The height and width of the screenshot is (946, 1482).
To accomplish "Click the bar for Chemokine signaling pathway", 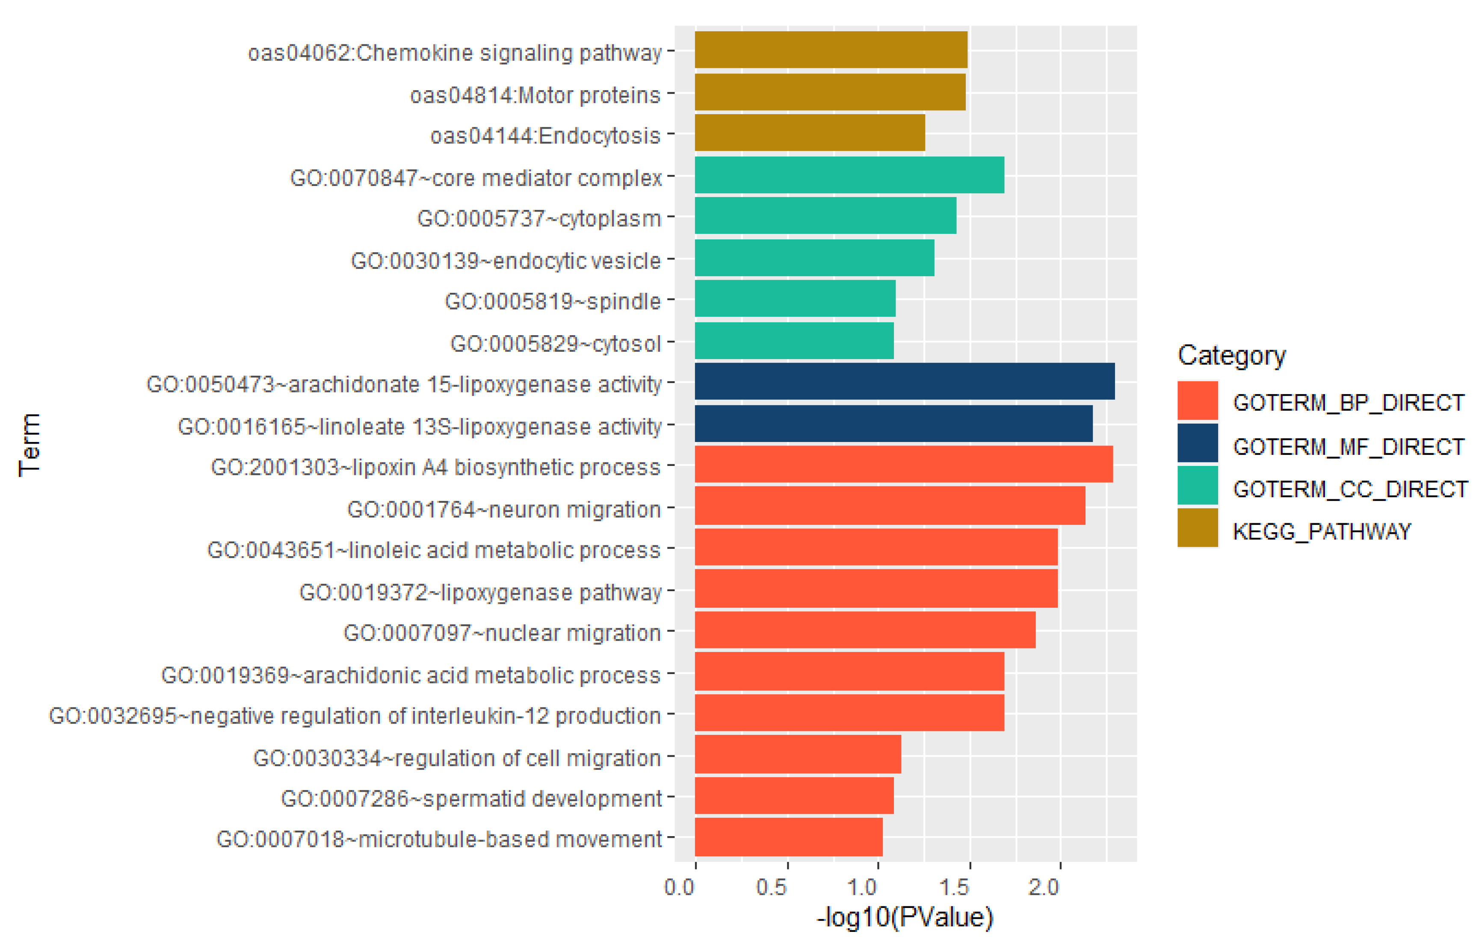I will point(831,50).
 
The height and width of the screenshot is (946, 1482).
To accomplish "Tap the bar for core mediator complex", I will point(849,175).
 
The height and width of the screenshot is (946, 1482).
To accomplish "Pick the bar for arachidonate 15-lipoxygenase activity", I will point(905,381).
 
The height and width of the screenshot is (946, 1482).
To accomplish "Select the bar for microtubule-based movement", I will point(788,837).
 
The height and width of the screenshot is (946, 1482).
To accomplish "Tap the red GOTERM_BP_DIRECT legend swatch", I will point(1197,401).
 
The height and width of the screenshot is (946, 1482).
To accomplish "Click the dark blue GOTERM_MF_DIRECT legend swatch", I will point(1197,443).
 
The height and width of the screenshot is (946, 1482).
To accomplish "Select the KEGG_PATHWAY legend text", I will point(1321,531).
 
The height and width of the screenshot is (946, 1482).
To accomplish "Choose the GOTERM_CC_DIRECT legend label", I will point(1350,489).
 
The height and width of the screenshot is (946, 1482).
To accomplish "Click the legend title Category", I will point(1231,356).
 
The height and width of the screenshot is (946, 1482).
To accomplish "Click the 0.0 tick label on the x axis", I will point(680,887).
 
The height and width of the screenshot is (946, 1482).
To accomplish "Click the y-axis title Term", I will point(30,445).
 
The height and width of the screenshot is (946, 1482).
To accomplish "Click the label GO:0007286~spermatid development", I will point(471,799).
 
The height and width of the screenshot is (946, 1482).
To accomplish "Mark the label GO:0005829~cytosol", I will point(555,344).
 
